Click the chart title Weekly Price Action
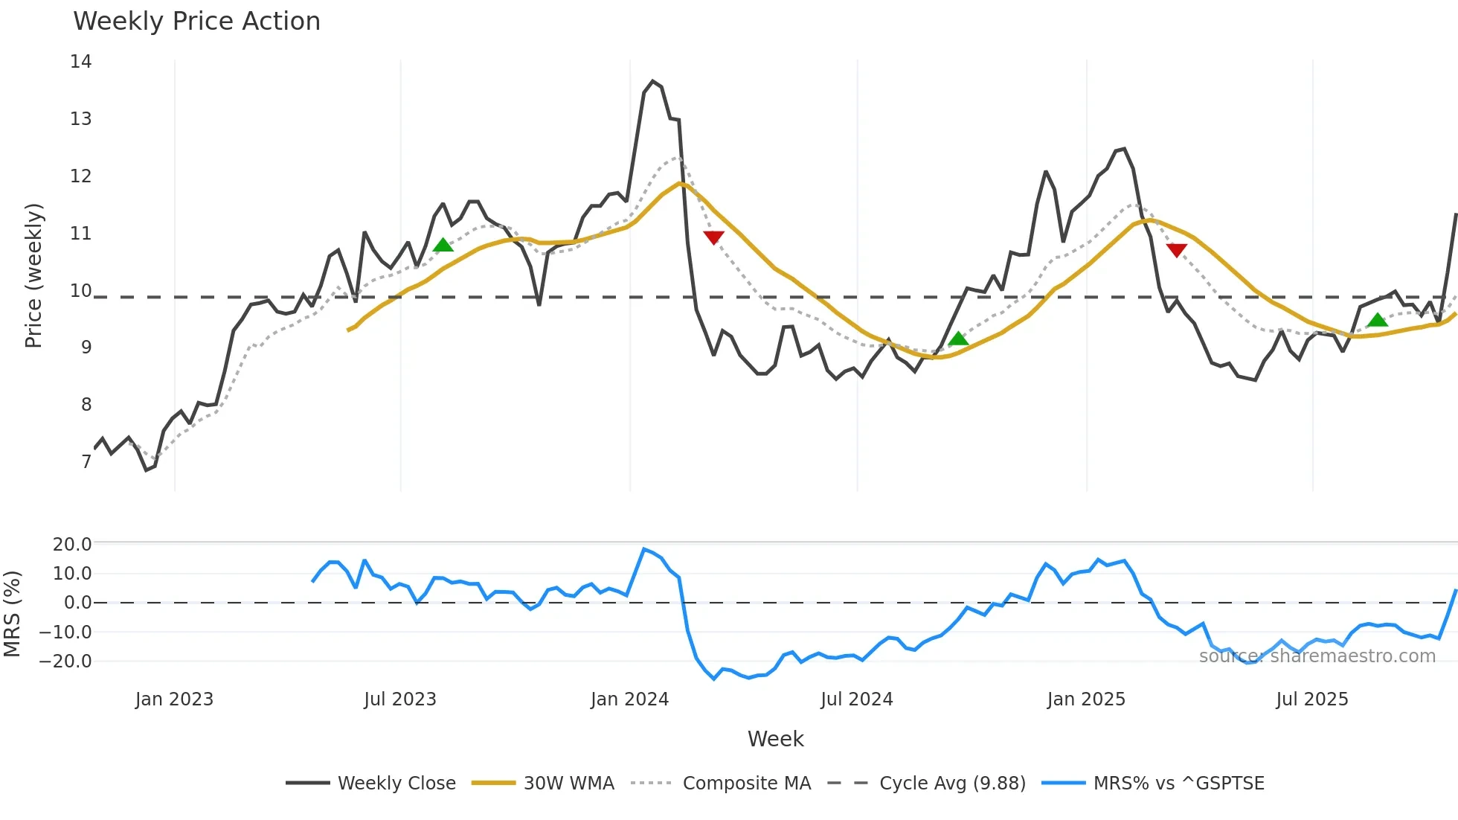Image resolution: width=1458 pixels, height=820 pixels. coord(196,22)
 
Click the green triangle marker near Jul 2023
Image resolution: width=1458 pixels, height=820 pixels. coord(443,245)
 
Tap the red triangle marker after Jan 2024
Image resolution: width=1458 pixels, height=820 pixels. coord(713,237)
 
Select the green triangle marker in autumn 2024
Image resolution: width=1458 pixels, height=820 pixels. coord(958,339)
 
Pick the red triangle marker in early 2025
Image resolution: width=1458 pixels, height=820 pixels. coord(1176,250)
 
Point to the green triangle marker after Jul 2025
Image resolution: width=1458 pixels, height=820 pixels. coord(1378,320)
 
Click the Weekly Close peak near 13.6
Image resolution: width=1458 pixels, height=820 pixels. coord(652,82)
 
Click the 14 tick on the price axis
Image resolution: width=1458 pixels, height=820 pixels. coord(80,62)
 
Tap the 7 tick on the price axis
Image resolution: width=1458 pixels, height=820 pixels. coord(86,462)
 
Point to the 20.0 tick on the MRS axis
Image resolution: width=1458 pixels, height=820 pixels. coord(71,545)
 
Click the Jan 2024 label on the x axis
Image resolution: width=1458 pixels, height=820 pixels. coord(629,699)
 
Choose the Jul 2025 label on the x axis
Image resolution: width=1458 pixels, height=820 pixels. coord(1311,699)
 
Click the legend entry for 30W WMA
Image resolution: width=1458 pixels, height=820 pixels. coord(568,784)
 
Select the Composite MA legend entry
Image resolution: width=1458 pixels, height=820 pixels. coord(746,784)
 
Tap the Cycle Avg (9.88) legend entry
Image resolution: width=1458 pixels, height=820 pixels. coord(951,784)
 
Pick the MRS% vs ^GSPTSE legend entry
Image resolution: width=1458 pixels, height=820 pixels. coord(1178,784)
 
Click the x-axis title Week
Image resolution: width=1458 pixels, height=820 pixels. coord(775,739)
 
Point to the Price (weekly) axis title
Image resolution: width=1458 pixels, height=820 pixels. coord(33,276)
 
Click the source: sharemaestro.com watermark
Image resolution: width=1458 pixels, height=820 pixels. coord(1317,656)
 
